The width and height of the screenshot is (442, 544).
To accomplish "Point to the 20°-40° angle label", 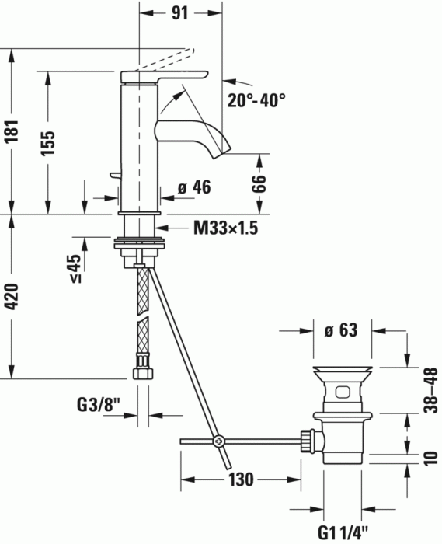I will (x=257, y=100).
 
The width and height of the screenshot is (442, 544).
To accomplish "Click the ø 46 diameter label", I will (x=194, y=187).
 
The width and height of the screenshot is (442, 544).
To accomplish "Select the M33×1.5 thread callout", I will (x=225, y=228).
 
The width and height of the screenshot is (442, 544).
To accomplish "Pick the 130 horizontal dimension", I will (x=242, y=479).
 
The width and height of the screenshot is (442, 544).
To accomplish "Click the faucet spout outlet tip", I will (x=223, y=150).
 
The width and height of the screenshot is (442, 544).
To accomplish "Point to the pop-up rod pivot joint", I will (x=219, y=442).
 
